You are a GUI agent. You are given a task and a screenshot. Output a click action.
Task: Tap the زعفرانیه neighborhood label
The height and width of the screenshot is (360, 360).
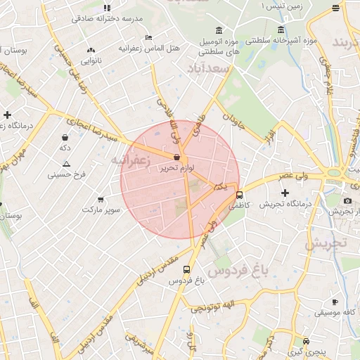click(131, 160)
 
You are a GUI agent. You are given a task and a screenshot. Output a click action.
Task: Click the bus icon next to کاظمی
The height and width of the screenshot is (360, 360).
click(240, 195)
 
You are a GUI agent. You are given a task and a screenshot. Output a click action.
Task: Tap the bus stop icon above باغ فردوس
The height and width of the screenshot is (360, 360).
click(186, 269)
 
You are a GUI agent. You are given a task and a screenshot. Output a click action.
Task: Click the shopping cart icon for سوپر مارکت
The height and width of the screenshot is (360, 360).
click(101, 200)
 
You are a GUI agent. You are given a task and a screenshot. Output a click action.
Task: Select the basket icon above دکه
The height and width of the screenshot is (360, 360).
click(65, 138)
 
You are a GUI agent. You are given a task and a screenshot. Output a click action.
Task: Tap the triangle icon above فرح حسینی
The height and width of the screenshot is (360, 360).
click(66, 164)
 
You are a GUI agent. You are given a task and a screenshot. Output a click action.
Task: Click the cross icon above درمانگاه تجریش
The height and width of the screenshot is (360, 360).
click(285, 193)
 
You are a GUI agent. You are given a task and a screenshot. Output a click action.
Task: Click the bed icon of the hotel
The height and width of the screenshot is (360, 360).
click(148, 37)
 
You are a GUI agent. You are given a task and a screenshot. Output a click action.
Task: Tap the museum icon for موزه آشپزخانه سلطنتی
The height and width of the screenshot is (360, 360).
click(281, 30)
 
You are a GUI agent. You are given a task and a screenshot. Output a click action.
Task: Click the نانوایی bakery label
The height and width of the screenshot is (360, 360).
click(91, 60)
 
